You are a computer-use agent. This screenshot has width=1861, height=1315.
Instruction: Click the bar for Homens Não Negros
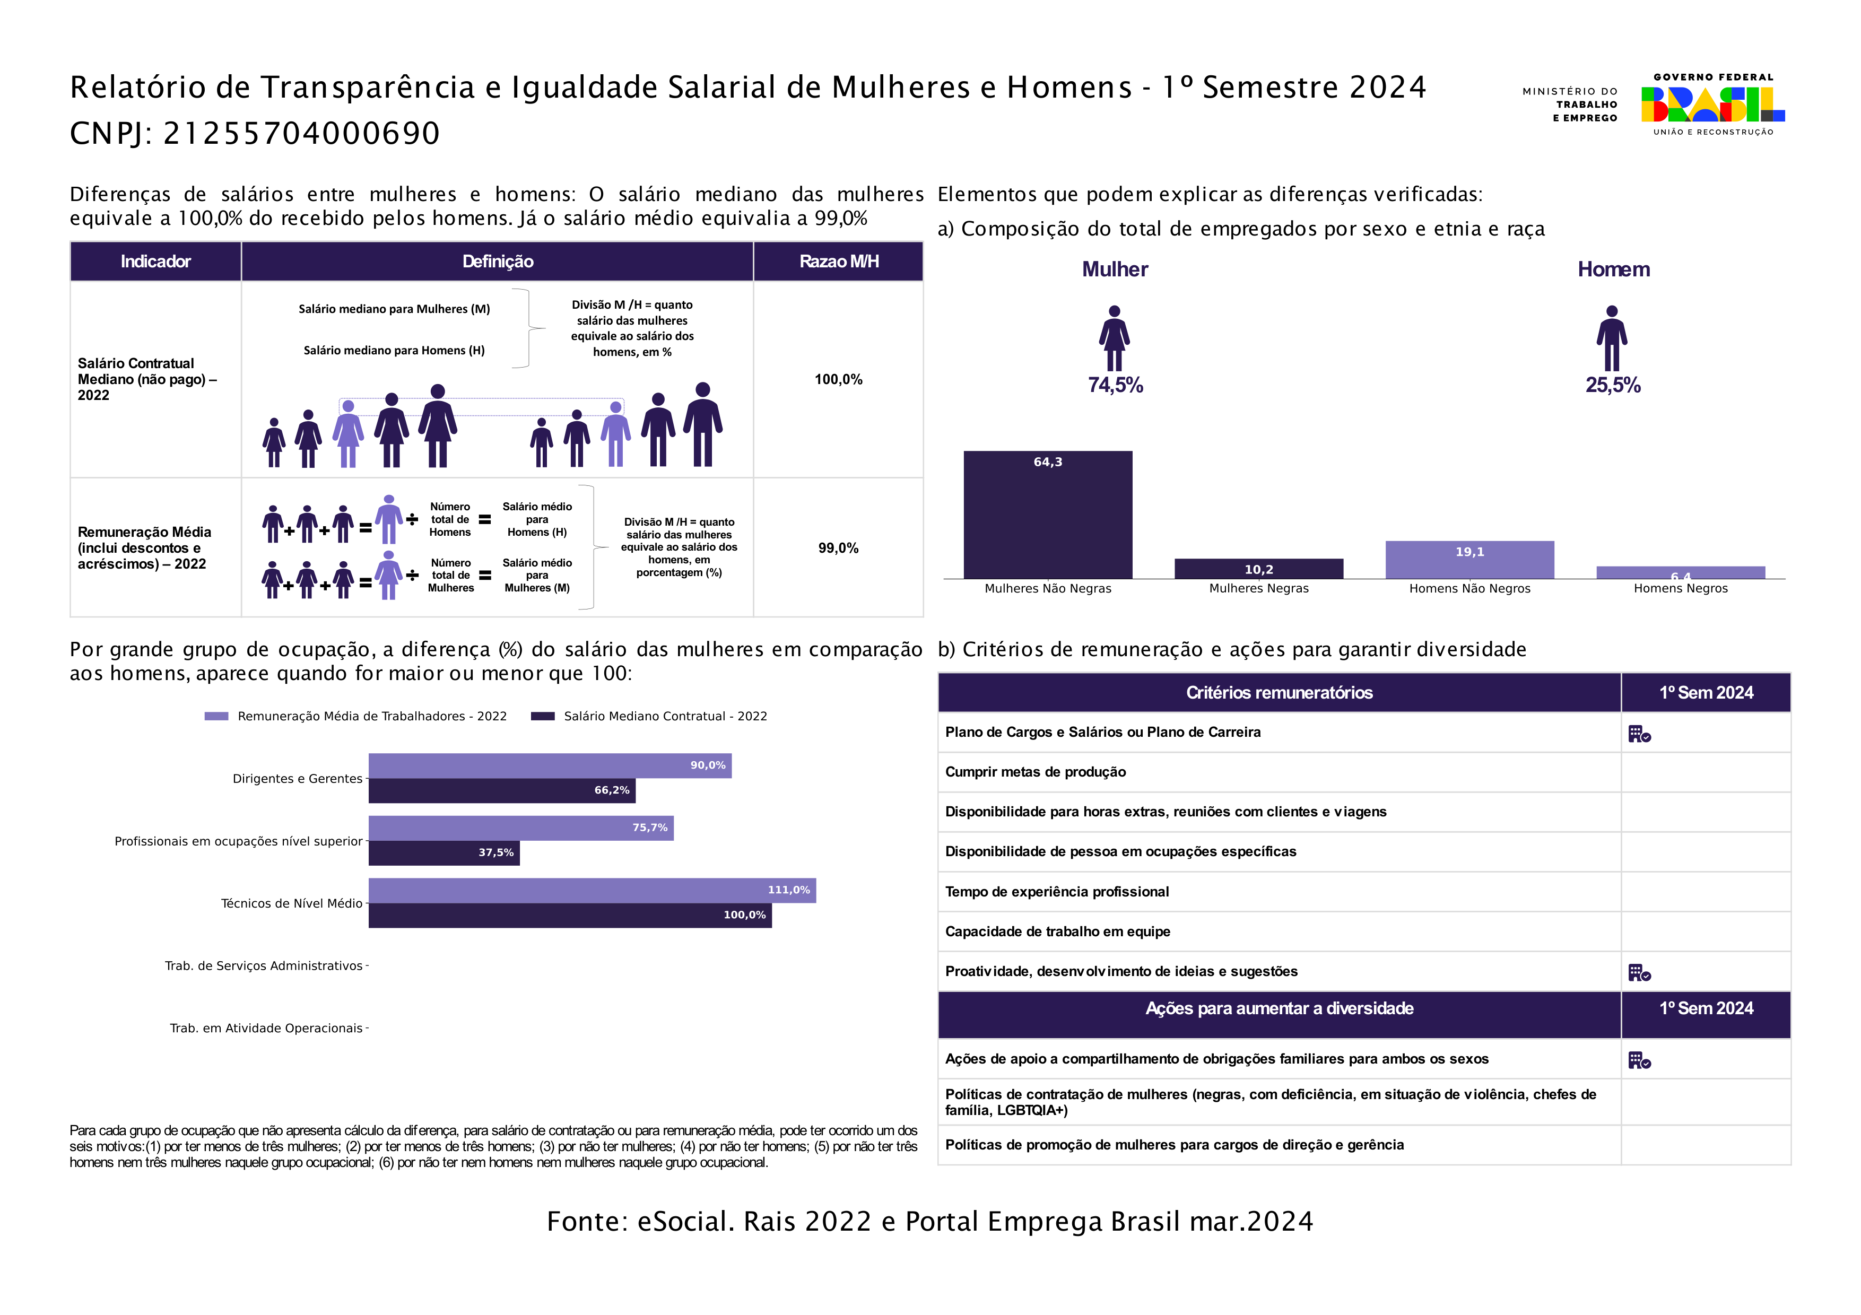(1469, 559)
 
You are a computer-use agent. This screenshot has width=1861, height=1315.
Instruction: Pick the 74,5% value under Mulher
(1115, 385)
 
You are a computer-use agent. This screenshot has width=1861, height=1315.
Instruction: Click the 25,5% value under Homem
(1612, 385)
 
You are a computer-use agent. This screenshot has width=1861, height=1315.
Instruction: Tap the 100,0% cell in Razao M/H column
(838, 379)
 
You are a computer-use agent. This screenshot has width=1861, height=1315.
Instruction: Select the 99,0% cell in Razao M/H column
(838, 548)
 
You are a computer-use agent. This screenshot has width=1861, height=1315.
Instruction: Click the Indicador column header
(155, 262)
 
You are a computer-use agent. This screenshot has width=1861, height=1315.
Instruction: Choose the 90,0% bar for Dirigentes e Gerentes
(550, 765)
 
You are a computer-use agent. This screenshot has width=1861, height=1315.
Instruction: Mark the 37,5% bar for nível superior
(443, 852)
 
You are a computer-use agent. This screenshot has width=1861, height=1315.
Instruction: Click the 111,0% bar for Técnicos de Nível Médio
(592, 891)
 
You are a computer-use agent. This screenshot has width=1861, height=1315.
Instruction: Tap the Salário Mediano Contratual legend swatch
(542, 716)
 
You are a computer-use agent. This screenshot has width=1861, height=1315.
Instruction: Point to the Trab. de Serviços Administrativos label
(264, 966)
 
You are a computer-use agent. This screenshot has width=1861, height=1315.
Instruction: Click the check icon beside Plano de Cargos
(1639, 734)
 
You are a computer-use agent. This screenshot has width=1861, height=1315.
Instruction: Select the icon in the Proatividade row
(1639, 972)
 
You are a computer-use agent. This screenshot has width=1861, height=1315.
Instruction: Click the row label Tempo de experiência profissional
(1057, 892)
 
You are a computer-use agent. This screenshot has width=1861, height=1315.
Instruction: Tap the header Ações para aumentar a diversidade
(1279, 1009)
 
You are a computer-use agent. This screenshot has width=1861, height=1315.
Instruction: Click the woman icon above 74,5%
(1115, 338)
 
